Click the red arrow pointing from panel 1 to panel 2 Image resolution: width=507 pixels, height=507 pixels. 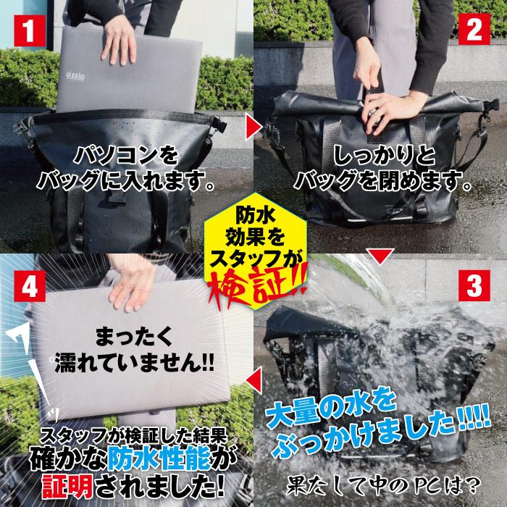[x=253, y=128]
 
